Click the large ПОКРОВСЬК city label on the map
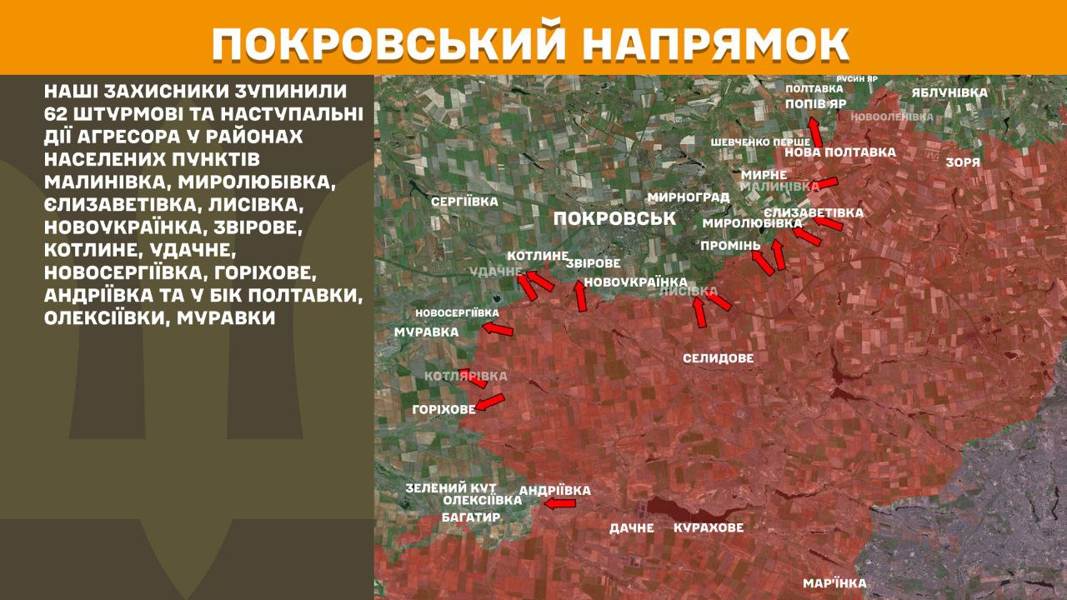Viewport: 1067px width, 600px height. click(614, 218)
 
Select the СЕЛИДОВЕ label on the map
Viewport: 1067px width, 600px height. click(718, 358)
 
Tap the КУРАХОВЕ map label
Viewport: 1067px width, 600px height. click(708, 527)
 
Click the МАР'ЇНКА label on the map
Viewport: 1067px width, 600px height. click(834, 583)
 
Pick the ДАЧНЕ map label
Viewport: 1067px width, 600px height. click(631, 527)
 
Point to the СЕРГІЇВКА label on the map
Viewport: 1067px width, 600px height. click(464, 202)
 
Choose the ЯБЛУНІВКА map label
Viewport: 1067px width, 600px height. click(949, 92)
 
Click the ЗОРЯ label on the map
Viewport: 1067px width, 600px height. click(963, 162)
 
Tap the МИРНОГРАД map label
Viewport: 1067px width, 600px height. click(688, 197)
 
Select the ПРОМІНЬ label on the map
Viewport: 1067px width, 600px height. click(730, 246)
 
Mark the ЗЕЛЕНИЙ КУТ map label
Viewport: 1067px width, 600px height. click(450, 487)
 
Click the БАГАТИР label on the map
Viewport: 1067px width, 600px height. click(470, 517)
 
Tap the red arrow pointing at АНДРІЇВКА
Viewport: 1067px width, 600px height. click(559, 503)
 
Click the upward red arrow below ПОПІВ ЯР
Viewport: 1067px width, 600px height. click(814, 132)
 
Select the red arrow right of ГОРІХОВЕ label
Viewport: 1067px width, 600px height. click(490, 402)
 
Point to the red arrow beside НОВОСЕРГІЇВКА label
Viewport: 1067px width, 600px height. click(498, 331)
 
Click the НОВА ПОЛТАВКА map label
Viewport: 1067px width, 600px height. click(840, 152)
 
